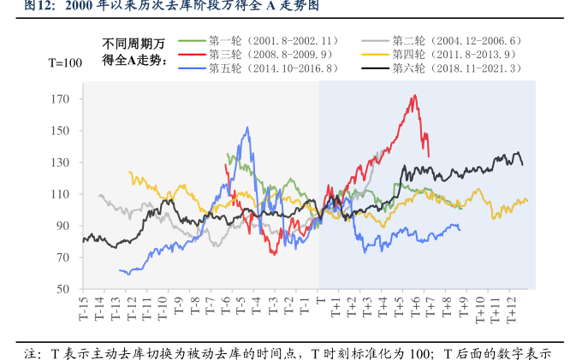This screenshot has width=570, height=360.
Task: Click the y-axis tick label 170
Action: tap(60, 99)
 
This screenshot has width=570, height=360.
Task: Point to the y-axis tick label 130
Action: tap(60, 162)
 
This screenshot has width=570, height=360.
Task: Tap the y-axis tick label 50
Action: tap(62, 289)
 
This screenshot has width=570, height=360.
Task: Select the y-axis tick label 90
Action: tap(62, 226)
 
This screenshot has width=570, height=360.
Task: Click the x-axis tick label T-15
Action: tap(84, 310)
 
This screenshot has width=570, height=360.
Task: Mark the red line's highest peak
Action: tap(414, 96)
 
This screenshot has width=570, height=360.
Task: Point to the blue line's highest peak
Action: tap(248, 127)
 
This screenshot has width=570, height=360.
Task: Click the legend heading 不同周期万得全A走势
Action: tap(133, 52)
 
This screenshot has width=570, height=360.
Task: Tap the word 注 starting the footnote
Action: tap(31, 352)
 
